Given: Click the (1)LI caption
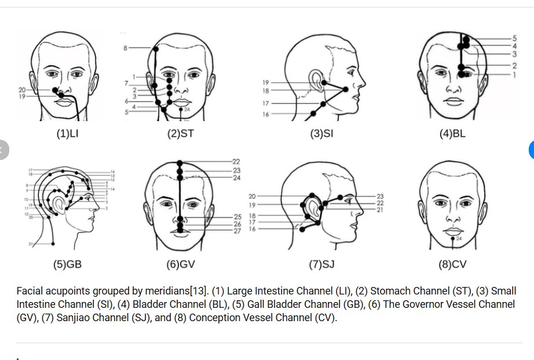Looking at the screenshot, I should (x=67, y=133).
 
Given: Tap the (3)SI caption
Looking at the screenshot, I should (x=321, y=133).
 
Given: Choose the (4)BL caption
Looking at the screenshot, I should (x=452, y=133).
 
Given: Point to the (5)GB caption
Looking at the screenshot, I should (x=67, y=264).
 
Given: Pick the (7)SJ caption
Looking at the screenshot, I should (x=321, y=264).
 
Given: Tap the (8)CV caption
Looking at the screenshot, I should (x=452, y=264).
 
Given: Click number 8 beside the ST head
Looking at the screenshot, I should (x=125, y=48).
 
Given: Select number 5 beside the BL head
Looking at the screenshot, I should (x=514, y=38).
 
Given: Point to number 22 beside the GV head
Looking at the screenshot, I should (x=236, y=161).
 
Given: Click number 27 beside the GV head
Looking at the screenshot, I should (x=237, y=231).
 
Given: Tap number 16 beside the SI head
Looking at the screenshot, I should (x=265, y=114).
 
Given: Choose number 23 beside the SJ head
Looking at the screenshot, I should (x=380, y=197).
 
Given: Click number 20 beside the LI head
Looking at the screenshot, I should (x=21, y=90).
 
